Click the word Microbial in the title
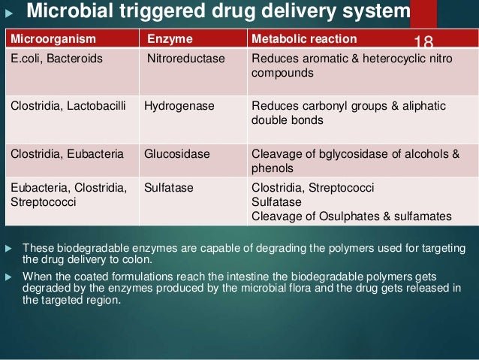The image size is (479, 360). point(67,12)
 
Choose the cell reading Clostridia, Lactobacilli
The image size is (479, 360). point(71,106)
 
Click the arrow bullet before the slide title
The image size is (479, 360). point(10,12)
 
